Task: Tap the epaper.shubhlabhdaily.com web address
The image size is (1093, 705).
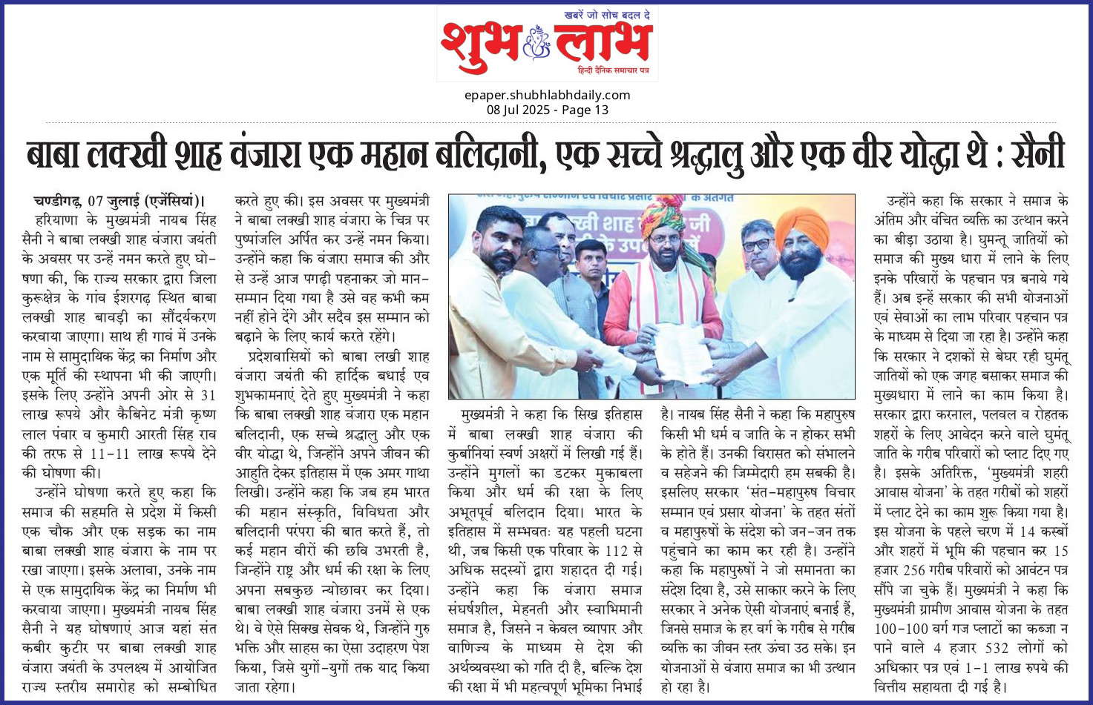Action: click(547, 95)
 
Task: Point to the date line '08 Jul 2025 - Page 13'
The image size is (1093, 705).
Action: click(547, 110)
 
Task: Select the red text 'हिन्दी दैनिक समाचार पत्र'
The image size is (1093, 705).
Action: click(613, 70)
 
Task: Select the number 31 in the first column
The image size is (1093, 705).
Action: click(208, 394)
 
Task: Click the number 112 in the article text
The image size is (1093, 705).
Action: click(617, 551)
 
